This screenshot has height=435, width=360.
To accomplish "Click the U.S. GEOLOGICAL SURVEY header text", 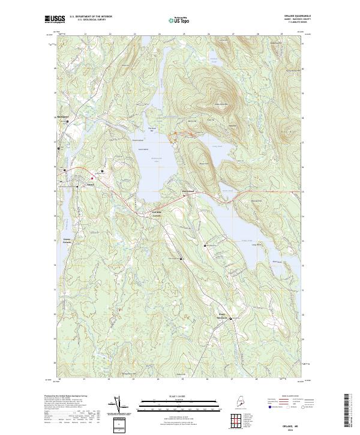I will tap(91, 20).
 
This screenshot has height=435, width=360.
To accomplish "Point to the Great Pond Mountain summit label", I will tap(220, 104).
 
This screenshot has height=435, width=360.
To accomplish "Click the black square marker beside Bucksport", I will tap(68, 122).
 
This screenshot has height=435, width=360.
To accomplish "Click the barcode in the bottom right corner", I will tap(349, 412).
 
